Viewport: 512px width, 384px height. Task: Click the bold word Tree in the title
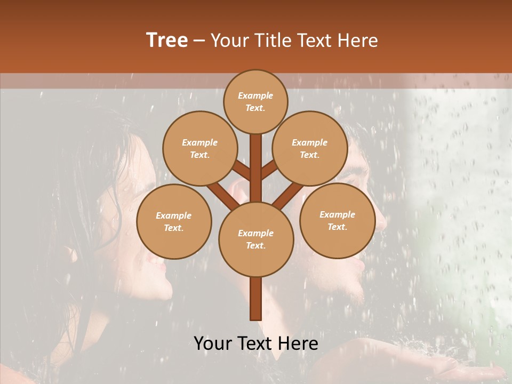pos(167,40)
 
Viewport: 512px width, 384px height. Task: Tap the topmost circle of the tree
pos(255,101)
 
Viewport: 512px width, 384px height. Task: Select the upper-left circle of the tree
pos(199,148)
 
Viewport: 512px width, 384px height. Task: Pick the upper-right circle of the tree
pos(310,148)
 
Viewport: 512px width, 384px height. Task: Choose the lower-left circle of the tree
pos(174,221)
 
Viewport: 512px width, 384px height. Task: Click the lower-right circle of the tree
pos(337,220)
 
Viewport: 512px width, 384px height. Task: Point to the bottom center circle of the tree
pos(256,239)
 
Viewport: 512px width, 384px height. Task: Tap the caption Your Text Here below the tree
pos(256,343)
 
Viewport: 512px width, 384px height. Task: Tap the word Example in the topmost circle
pos(255,95)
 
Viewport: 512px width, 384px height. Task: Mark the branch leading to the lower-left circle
pos(220,196)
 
